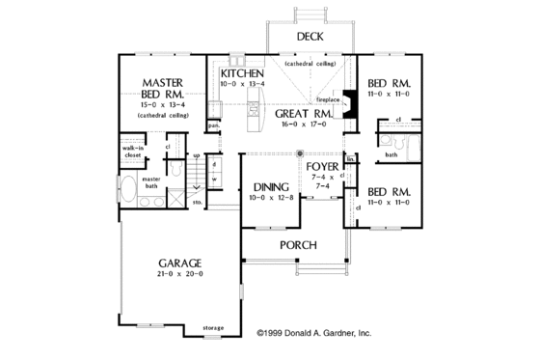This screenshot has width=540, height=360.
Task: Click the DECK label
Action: point(310,37)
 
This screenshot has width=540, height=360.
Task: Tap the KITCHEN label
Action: point(243,73)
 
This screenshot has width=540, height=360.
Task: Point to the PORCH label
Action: point(299,245)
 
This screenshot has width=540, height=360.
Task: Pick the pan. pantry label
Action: point(213,125)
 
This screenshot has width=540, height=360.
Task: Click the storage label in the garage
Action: point(213,328)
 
